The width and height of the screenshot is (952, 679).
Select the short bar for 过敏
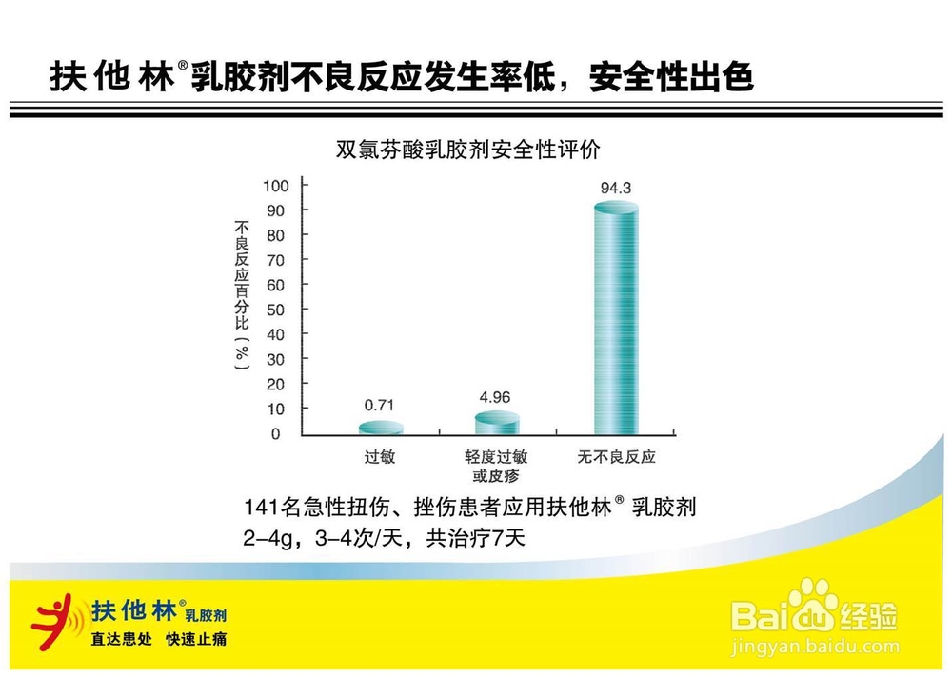click(x=380, y=428)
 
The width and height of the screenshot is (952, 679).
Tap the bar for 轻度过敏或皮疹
click(x=497, y=423)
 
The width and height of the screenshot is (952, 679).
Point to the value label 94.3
click(x=616, y=188)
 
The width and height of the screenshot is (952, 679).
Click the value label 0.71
click(x=380, y=404)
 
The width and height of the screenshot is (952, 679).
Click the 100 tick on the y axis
click(x=274, y=185)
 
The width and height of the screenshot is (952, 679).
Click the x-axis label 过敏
click(x=380, y=457)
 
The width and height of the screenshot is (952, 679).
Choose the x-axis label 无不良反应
click(x=616, y=457)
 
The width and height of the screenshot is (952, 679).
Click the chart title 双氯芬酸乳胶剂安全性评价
click(x=468, y=150)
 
